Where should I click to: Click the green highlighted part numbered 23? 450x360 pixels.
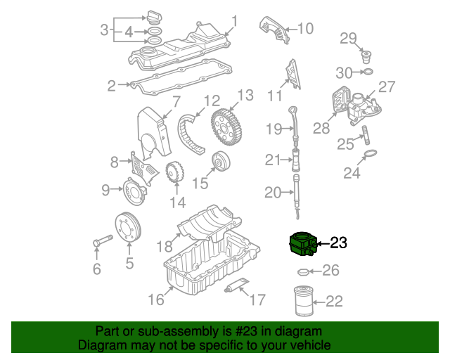point(303,244)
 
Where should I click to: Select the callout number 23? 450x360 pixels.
point(339,243)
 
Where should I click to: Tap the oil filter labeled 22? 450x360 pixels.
point(304,301)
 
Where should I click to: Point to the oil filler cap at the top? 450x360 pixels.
point(154,18)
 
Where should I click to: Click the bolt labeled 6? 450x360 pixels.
point(103,240)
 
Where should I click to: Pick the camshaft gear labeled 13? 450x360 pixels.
point(226,127)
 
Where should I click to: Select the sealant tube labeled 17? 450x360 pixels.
point(236,285)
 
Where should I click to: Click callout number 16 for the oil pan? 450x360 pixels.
point(156,300)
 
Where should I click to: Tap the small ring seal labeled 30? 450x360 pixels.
point(368,72)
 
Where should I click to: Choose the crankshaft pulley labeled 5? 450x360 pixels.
point(128,227)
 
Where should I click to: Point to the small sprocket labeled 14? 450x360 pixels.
point(175,172)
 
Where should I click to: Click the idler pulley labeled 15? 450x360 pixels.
point(221,161)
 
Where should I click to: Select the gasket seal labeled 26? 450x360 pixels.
point(303,271)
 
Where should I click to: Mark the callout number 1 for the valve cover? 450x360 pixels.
point(235,22)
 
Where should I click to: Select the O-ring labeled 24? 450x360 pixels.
point(371,153)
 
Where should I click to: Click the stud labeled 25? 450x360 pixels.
point(366,135)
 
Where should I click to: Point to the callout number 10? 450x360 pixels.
point(306,28)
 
